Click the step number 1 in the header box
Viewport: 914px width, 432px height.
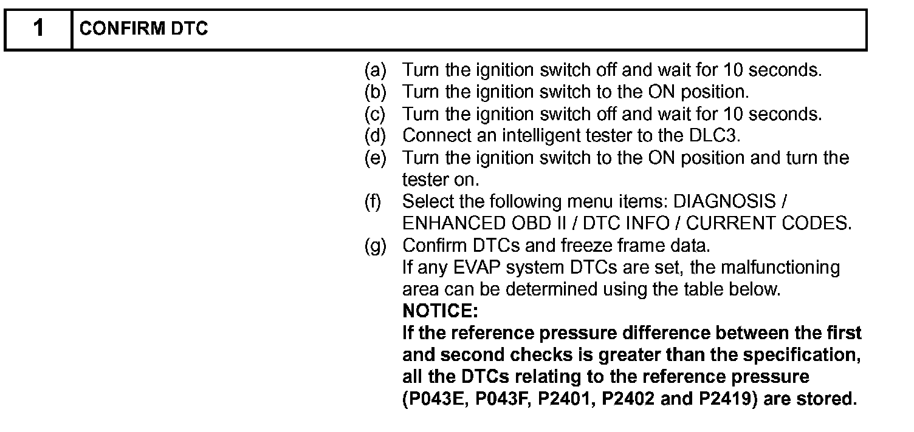pos(38,29)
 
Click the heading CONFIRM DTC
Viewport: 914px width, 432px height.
pos(143,29)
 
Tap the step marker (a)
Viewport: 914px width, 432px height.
pos(375,70)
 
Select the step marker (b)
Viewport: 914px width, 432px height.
pos(375,92)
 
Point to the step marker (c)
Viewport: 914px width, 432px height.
pos(375,114)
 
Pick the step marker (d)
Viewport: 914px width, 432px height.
pos(375,136)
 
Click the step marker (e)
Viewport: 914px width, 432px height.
pos(375,158)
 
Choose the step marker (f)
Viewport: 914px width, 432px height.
pos(373,201)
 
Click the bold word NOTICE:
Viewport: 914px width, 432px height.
pos(441,312)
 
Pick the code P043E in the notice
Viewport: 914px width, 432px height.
pos(439,399)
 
